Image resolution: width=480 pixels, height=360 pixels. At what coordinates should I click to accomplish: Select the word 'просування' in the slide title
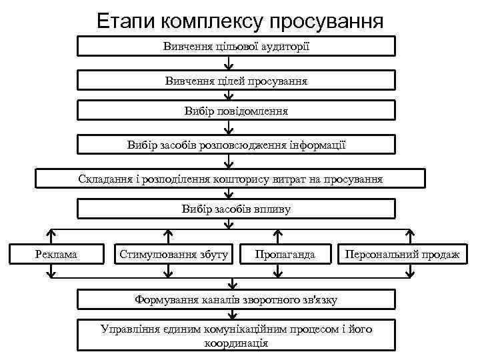click(328, 20)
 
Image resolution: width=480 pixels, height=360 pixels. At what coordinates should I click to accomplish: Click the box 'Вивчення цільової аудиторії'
click(237, 47)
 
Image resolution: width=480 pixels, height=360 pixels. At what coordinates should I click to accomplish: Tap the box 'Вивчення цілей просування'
click(237, 81)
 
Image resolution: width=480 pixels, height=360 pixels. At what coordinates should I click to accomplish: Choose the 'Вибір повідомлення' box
click(237, 111)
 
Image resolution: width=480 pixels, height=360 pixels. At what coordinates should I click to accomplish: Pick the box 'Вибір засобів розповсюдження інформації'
click(237, 145)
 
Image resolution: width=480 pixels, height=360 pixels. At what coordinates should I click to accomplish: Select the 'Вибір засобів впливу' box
click(237, 209)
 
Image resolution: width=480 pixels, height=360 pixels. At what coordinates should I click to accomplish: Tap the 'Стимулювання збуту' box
click(173, 255)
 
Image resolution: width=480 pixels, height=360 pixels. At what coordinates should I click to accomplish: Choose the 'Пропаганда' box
click(285, 255)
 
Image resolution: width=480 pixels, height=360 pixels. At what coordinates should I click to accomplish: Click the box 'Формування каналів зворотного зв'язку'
click(237, 300)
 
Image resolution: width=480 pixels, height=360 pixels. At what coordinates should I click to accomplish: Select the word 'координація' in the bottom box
click(237, 343)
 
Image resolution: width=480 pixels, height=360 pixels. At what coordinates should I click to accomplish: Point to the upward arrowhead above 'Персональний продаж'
click(411, 234)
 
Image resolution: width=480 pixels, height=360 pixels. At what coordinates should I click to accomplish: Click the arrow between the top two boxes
click(229, 64)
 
